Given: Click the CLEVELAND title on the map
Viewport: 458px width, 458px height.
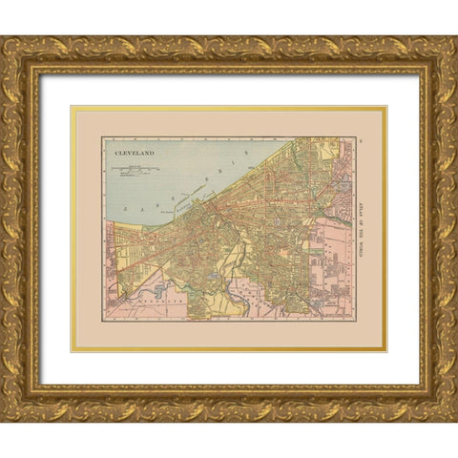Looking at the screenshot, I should (x=134, y=151).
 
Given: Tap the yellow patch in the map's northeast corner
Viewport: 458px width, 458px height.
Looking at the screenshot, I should (x=330, y=149).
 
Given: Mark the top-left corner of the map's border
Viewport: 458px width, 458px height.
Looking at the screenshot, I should (x=102, y=136).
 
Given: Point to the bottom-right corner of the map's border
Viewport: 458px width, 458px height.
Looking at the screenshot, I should (x=356, y=319).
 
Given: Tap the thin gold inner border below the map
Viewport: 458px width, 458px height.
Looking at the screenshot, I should (x=229, y=350).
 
